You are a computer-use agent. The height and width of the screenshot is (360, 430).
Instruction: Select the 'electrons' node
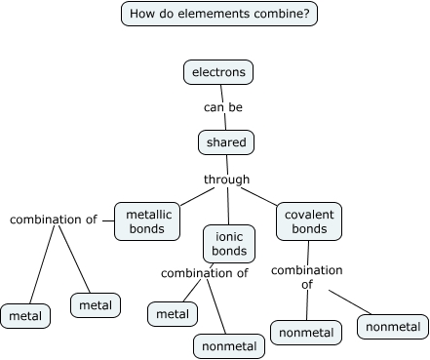point(218,72)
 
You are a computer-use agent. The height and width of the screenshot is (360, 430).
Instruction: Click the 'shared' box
point(226,142)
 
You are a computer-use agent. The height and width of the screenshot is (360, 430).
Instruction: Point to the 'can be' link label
point(223,107)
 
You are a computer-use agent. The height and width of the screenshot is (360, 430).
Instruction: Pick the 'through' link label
point(226,180)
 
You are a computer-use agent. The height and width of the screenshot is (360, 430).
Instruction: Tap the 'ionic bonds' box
point(229,242)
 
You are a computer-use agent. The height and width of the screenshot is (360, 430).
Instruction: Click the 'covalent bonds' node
point(309,220)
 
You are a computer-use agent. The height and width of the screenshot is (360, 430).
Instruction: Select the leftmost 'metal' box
point(26,316)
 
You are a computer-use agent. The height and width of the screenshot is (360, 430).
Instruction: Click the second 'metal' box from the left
point(95,304)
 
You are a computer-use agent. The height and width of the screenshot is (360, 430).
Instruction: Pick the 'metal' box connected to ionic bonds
point(173,313)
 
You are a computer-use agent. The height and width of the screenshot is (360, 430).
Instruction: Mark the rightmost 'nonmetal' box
point(393,326)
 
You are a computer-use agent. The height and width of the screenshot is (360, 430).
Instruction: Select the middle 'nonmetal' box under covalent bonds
point(306,333)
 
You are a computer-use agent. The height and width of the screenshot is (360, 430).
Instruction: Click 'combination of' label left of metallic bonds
point(54,220)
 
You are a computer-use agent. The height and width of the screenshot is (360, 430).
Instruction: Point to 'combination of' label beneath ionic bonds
point(211,273)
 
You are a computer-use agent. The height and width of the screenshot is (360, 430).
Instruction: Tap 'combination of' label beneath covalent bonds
point(306,277)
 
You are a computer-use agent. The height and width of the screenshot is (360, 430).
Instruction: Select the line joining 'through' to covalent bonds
point(261,196)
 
